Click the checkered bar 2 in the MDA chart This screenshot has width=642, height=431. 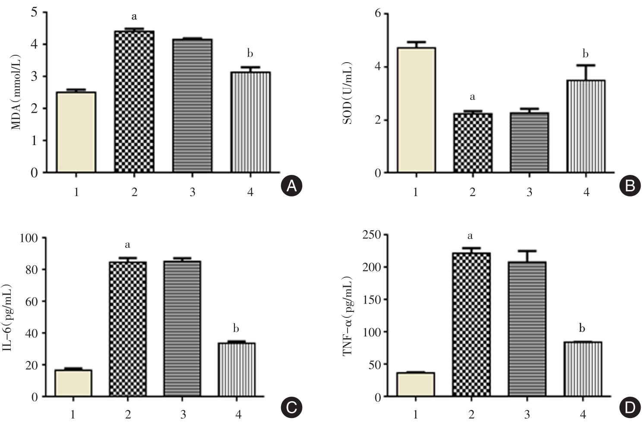tap(134, 101)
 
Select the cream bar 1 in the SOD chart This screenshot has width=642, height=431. tap(416, 110)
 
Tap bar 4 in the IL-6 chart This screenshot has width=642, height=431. tap(237, 369)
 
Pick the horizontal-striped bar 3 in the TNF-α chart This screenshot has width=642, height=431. tap(527, 329)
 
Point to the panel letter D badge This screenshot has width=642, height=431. tap(630, 408)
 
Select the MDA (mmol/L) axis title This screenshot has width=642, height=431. tap(16, 92)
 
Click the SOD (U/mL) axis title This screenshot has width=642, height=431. tap(348, 93)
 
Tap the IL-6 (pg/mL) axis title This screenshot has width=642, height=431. tap(11, 318)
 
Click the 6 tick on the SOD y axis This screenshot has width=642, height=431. tap(378, 14)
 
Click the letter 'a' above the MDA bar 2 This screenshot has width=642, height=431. tap(134, 17)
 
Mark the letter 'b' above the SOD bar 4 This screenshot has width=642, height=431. tap(585, 54)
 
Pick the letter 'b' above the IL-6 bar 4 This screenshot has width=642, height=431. tap(236, 329)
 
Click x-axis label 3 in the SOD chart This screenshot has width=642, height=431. tap(529, 192)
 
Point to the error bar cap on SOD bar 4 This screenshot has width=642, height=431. tap(585, 65)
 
